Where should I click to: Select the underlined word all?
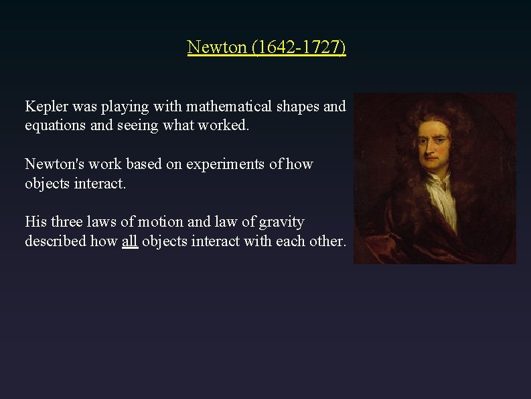coord(130,241)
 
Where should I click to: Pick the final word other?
coord(328,241)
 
